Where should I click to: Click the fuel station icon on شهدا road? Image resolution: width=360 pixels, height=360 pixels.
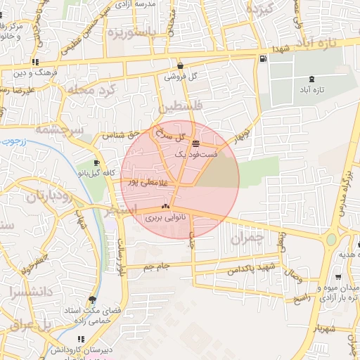tap(262, 59)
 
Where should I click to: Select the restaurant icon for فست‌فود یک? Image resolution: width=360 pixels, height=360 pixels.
tap(195, 143)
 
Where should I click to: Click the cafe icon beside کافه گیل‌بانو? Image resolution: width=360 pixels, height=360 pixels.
tap(97, 162)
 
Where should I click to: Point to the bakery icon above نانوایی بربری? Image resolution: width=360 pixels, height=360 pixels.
tap(166, 207)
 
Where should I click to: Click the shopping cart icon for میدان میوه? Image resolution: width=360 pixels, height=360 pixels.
tap(337, 278)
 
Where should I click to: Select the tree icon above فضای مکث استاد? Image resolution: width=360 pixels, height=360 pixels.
tap(92, 299)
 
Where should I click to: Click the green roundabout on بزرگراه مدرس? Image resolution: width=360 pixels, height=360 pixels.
tap(331, 239)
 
